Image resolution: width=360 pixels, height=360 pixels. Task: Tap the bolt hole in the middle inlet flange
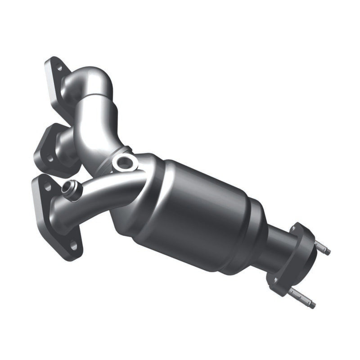(49, 158)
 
